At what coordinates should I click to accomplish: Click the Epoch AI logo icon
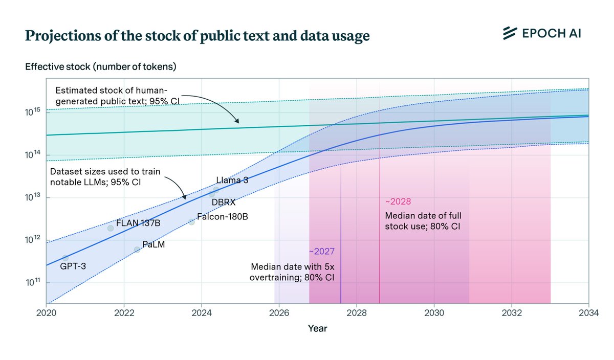(x=509, y=33)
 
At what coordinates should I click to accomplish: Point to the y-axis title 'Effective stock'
(x=101, y=66)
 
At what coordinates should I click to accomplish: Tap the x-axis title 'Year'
(x=317, y=329)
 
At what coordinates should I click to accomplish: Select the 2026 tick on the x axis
(x=279, y=312)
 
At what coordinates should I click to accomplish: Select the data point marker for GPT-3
(x=65, y=258)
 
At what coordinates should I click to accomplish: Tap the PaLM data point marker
(x=137, y=250)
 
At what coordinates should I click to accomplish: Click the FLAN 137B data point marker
(x=111, y=228)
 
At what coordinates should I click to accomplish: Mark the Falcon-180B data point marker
(x=191, y=222)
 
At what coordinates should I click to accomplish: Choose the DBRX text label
(x=224, y=202)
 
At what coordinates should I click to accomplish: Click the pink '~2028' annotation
(x=397, y=201)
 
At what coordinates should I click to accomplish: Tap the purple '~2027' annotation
(x=322, y=252)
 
